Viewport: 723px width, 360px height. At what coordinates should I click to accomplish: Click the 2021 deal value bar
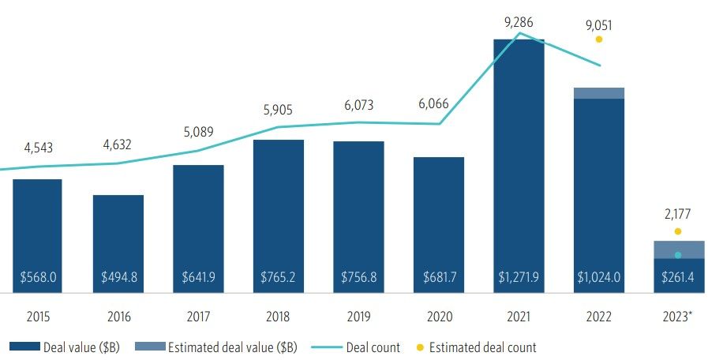[x=519, y=158]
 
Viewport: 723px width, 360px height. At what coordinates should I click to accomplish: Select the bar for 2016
[x=118, y=237]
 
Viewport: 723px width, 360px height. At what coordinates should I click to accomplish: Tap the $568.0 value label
[x=38, y=278]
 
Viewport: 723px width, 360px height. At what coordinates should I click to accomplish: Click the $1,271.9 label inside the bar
[x=519, y=278]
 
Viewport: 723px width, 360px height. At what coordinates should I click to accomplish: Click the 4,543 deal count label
[x=38, y=147]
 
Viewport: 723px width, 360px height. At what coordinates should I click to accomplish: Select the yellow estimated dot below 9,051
[x=599, y=39]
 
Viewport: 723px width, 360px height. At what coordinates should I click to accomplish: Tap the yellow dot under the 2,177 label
[x=678, y=231]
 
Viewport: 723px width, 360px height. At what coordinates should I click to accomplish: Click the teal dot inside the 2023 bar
[x=678, y=255]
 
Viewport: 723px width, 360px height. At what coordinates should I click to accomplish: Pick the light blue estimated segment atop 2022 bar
[x=599, y=93]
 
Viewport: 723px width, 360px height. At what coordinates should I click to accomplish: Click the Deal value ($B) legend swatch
[x=26, y=347]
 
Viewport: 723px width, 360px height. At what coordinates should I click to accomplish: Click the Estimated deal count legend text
[x=484, y=347]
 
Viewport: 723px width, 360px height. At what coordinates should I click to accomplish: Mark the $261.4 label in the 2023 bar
[x=678, y=278]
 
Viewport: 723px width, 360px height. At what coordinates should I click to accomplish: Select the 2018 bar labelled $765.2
[x=279, y=213]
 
